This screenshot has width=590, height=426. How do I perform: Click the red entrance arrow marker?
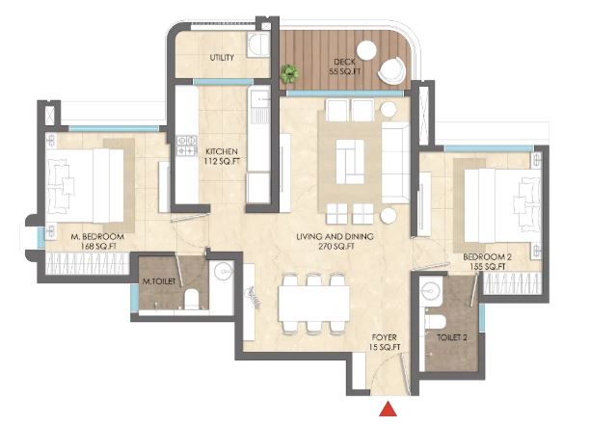(388, 409)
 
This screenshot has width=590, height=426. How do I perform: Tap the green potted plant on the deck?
(289, 73)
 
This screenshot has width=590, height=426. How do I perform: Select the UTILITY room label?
(222, 58)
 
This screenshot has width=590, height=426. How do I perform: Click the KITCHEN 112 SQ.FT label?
(222, 156)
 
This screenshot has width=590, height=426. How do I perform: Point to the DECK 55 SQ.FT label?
(345, 67)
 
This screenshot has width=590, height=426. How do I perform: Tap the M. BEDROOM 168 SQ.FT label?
(97, 242)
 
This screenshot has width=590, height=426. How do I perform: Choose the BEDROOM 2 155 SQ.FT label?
(487, 262)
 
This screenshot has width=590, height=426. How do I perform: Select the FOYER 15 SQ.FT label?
(385, 342)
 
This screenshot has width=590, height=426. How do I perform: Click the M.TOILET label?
(159, 281)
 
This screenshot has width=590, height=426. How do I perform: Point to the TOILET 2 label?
(452, 337)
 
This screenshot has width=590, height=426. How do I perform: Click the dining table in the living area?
(314, 304)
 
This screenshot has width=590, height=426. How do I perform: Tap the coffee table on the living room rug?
(350, 162)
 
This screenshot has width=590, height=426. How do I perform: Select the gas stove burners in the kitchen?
(187, 146)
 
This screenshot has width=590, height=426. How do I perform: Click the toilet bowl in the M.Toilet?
(192, 299)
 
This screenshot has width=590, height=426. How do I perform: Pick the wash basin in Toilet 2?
(431, 290)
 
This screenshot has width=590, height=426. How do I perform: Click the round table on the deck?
(366, 50)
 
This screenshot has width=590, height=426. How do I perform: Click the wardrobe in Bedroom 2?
(512, 283)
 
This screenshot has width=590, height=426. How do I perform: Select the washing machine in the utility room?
(258, 45)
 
